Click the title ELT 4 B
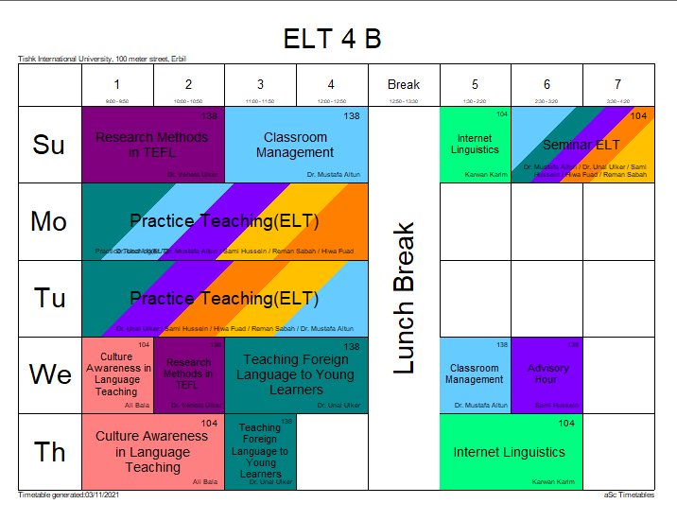332,39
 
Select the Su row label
49,145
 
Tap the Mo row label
49,221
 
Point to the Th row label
49,452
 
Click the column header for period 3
260,85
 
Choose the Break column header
404,85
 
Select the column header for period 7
617,85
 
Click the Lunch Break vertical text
404,298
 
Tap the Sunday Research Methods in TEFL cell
151,145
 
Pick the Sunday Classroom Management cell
295,145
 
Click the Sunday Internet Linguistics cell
475,145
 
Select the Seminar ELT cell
582,145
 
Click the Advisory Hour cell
547,374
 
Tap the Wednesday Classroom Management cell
475,374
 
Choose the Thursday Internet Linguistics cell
509,452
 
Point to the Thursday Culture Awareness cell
151,452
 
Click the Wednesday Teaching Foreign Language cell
295,374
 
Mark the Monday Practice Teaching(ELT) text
224,221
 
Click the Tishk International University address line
95,59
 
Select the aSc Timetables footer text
629,495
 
